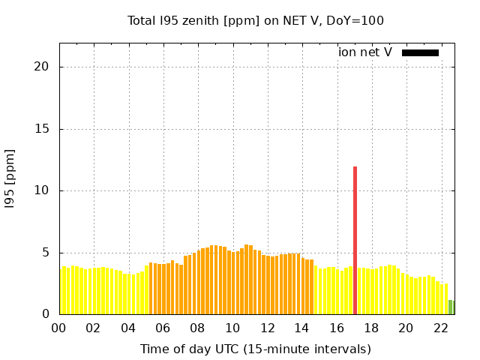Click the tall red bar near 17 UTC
coord(355,240)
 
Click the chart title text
coord(256,20)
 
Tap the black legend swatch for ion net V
coord(420,52)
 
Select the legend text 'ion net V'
coord(365,52)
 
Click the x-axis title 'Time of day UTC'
coord(256,349)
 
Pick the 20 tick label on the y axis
coord(41,67)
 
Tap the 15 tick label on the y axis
coord(41,129)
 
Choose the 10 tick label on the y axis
coord(41,190)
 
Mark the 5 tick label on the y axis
coord(45,253)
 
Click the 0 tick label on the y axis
coord(45,314)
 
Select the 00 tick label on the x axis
coord(58,328)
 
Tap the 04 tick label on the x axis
coord(128,328)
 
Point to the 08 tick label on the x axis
coord(197,328)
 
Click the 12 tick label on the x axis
coord(267,328)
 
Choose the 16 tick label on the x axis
coord(336,328)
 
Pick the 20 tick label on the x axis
coord(406,328)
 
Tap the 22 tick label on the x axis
coord(440,328)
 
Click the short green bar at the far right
coord(451,307)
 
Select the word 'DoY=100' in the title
coord(358,20)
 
